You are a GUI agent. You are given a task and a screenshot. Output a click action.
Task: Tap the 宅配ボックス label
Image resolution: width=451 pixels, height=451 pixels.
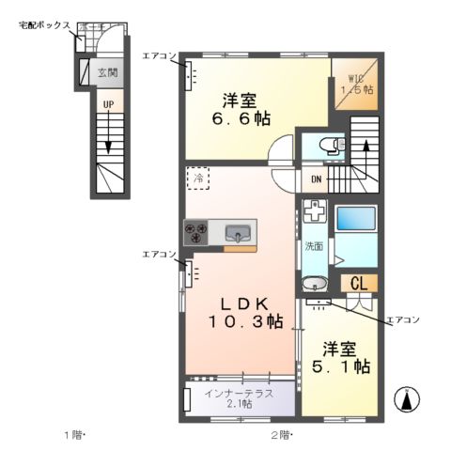44,26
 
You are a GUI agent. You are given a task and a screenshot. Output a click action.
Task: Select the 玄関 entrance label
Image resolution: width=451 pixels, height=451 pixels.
107,71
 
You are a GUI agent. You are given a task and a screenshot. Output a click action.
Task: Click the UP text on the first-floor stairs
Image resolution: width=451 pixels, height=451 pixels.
109,103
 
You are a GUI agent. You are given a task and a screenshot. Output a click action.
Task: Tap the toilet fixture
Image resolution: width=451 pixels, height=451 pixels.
326,146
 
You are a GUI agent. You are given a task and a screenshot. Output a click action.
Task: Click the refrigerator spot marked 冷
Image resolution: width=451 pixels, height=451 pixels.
197,176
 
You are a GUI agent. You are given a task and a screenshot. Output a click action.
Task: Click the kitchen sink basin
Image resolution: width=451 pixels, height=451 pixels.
239,232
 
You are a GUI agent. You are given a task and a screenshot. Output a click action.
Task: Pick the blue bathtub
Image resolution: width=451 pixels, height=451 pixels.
355,218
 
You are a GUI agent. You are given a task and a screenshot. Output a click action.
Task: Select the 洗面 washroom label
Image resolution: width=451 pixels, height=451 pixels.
313,246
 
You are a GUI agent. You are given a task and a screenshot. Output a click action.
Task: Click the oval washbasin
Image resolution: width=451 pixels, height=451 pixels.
314,283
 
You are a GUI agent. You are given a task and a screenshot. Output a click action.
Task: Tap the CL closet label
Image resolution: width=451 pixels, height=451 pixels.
359,283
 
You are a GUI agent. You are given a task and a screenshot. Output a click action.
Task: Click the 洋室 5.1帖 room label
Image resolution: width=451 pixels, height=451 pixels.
338,356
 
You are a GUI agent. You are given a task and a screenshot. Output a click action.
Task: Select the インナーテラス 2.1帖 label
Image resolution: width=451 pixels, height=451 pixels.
239,398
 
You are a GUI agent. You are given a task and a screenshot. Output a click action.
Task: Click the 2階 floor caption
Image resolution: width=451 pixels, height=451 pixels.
281,434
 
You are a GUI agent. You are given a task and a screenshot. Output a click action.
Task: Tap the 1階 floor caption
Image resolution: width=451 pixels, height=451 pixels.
74,434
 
